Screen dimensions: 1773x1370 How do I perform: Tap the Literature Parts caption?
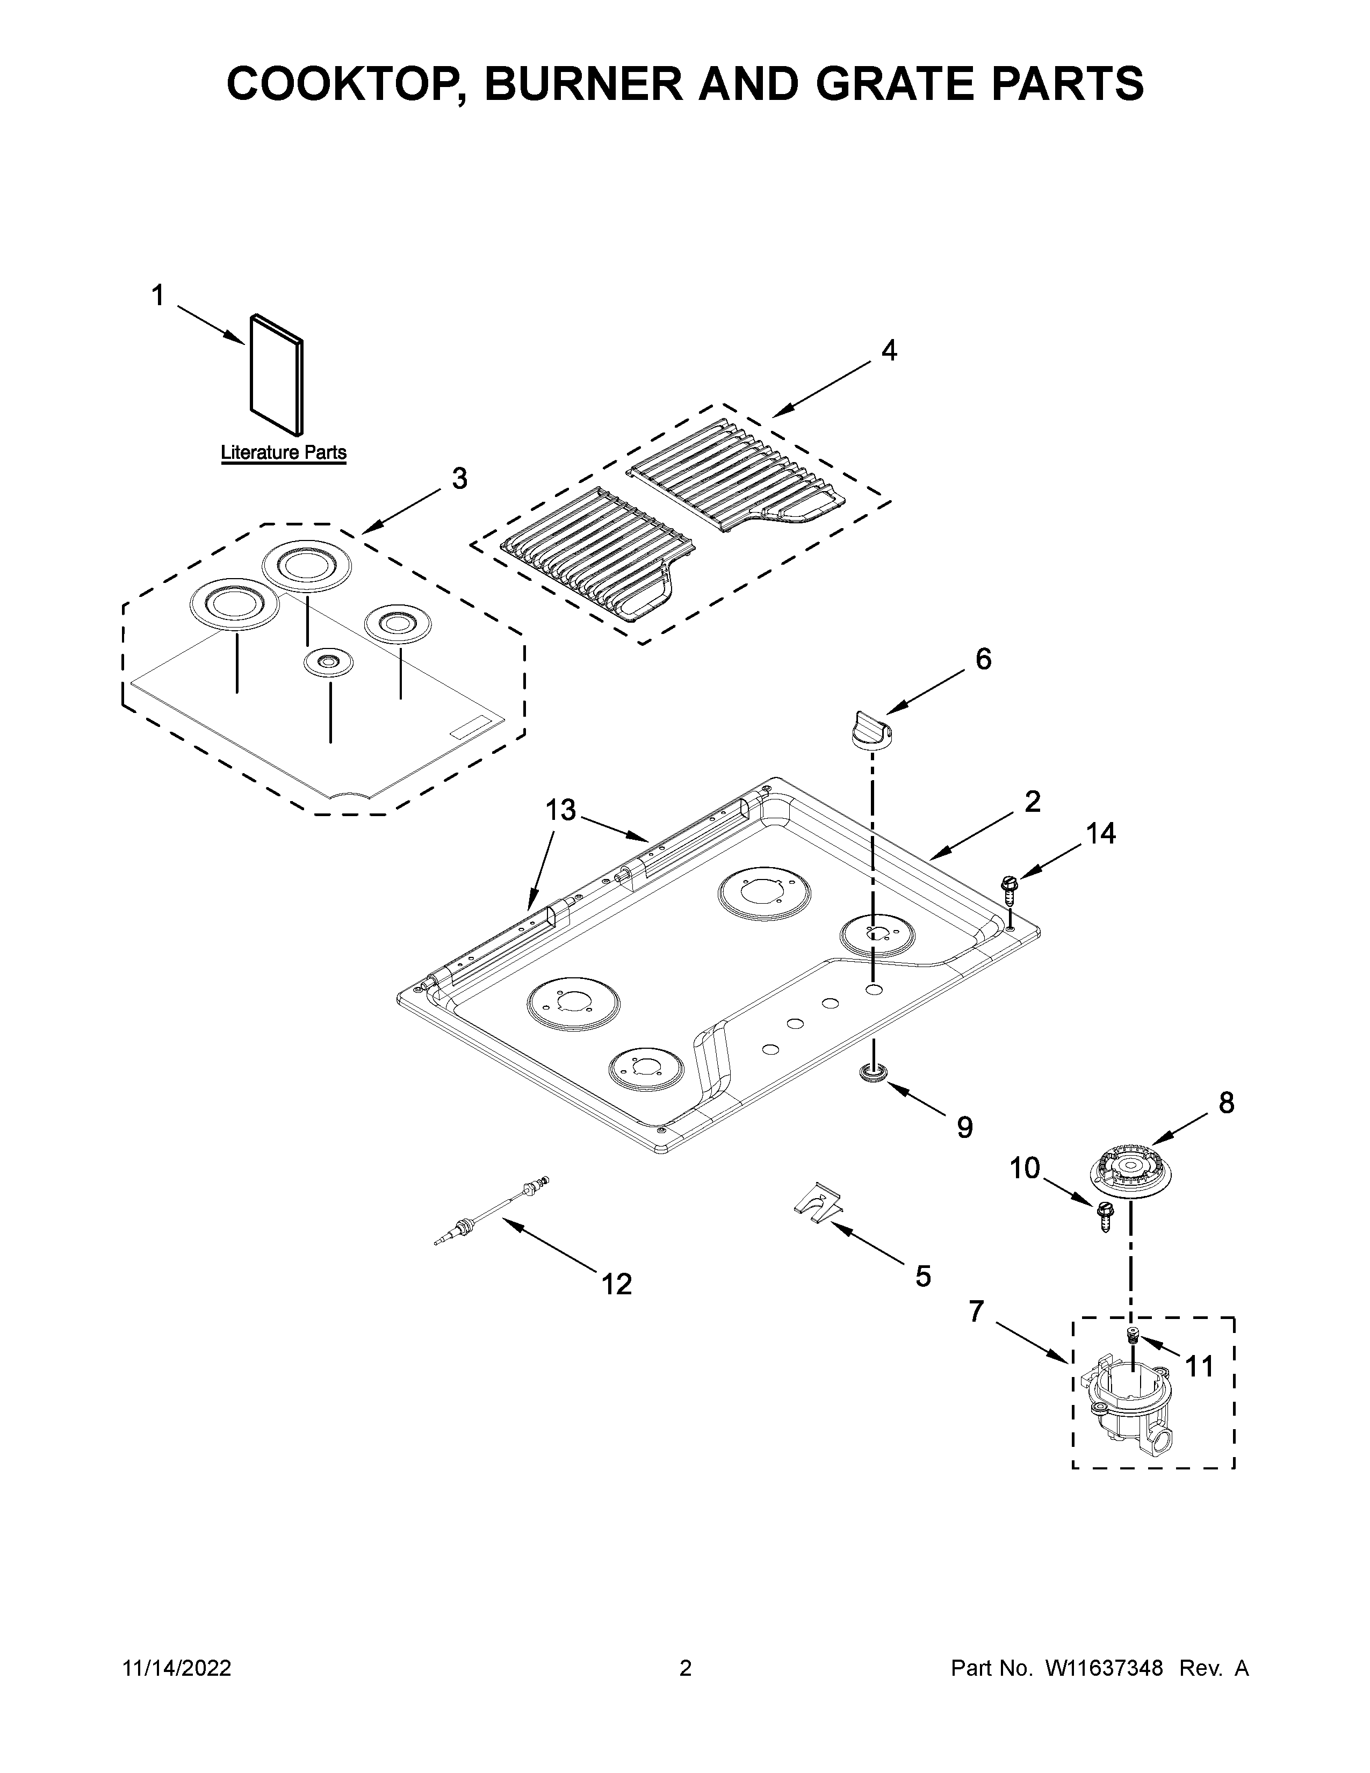pyautogui.click(x=283, y=453)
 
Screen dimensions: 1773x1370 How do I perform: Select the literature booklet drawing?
pyautogui.click(x=277, y=374)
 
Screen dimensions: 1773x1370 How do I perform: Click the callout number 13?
pyautogui.click(x=560, y=809)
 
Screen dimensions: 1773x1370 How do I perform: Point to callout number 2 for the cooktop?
pyautogui.click(x=1032, y=801)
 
